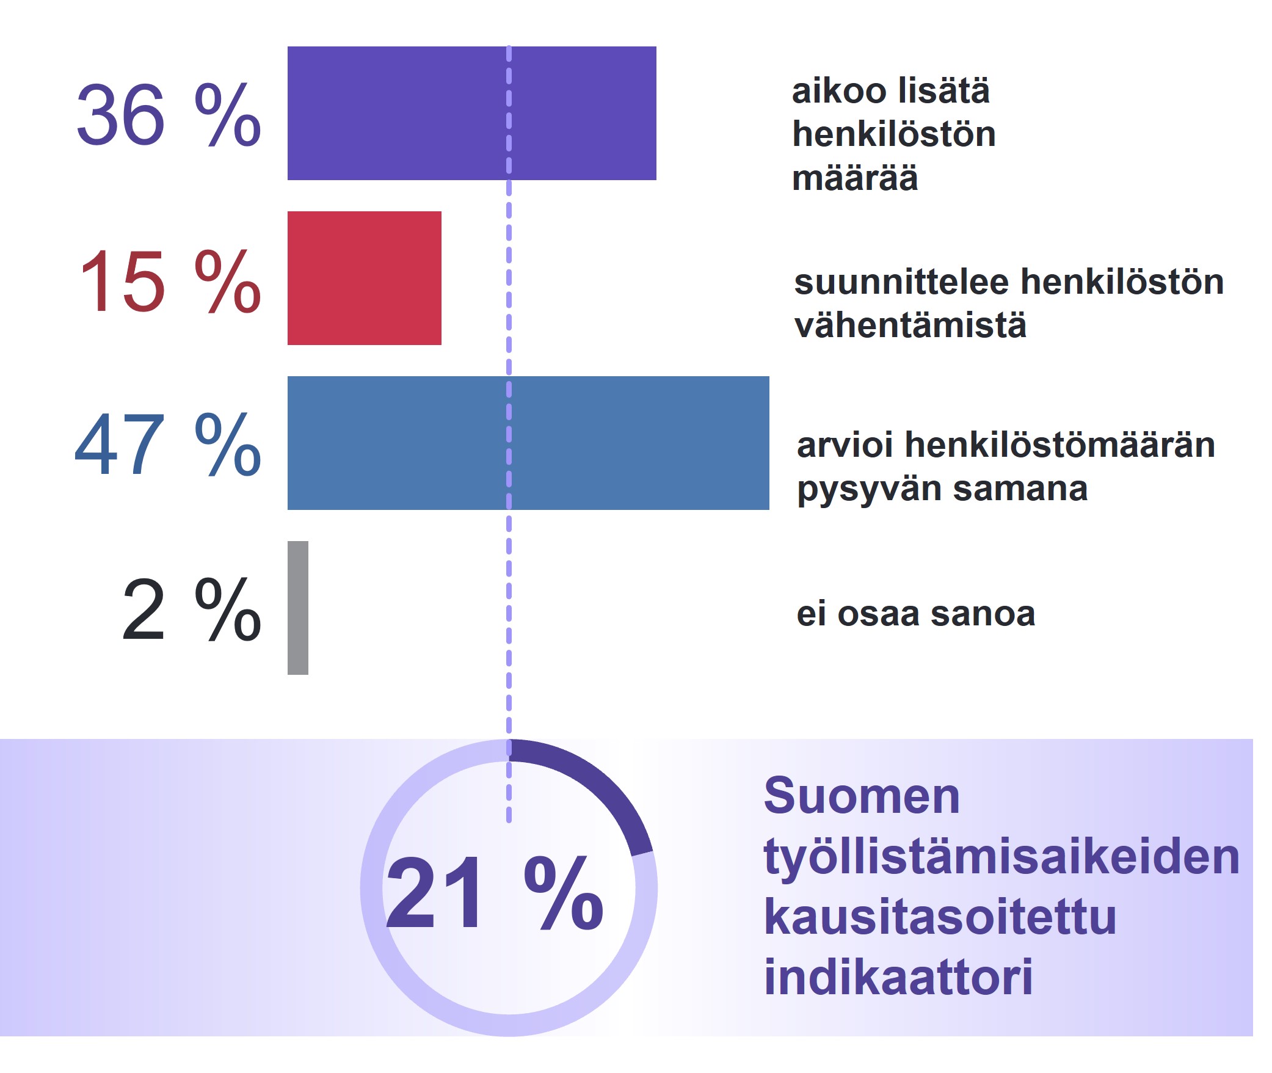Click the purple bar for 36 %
pyautogui.click(x=471, y=113)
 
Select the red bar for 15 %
pyautogui.click(x=365, y=278)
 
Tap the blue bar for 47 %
pyautogui.click(x=528, y=443)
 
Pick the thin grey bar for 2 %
pyautogui.click(x=298, y=608)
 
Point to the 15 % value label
pyautogui.click(x=170, y=281)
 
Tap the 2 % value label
pyautogui.click(x=192, y=609)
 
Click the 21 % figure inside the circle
pyautogui.click(x=495, y=892)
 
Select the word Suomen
pyautogui.click(x=862, y=796)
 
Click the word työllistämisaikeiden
pyautogui.click(x=1001, y=858)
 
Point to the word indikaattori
pyautogui.click(x=898, y=977)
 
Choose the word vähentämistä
pyautogui.click(x=910, y=325)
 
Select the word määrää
pyautogui.click(x=855, y=178)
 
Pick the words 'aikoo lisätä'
pyautogui.click(x=891, y=91)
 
